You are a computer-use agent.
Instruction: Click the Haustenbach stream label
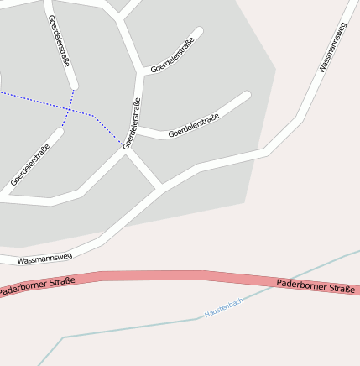[x=224, y=306]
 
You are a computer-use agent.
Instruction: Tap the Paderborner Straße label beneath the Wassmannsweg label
[x=38, y=285]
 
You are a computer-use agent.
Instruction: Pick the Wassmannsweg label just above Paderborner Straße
[x=44, y=258]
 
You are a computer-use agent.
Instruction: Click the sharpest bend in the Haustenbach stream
[x=63, y=338]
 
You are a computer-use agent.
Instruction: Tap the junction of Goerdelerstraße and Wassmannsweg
[x=162, y=188]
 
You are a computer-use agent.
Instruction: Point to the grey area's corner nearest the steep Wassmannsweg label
[x=275, y=70]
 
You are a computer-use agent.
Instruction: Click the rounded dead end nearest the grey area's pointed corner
[x=246, y=95]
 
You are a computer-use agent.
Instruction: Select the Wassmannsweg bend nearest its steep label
[x=300, y=117]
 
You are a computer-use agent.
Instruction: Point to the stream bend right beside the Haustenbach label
[x=199, y=317]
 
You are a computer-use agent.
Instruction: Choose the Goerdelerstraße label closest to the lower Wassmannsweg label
[x=30, y=165]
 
